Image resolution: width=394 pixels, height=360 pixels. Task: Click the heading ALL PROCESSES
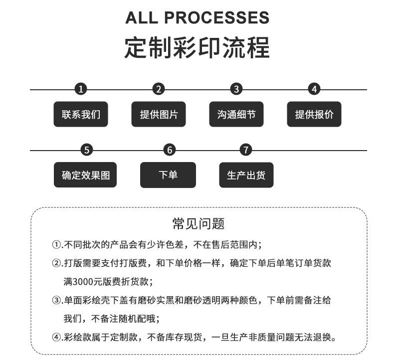click(x=197, y=17)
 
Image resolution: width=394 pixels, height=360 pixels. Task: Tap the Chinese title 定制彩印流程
click(x=197, y=48)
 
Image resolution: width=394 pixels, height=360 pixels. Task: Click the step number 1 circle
click(x=81, y=89)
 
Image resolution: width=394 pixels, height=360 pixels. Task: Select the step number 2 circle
click(x=159, y=89)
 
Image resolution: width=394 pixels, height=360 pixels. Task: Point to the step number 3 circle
click(x=236, y=89)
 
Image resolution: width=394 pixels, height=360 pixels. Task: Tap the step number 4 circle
click(x=314, y=89)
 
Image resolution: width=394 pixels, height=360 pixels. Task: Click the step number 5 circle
click(x=87, y=150)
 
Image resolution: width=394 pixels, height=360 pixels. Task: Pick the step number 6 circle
click(x=170, y=150)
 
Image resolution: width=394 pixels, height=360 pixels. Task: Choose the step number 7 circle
click(x=246, y=150)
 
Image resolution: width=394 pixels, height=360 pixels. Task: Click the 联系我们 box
click(x=81, y=114)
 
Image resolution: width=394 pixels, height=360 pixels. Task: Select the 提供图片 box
click(x=159, y=114)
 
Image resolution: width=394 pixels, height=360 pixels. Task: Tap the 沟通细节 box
click(x=236, y=114)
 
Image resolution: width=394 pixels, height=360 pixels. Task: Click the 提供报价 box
click(x=314, y=114)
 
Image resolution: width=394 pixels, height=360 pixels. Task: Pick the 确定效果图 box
click(x=85, y=175)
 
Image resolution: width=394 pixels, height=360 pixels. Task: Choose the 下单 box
click(x=168, y=175)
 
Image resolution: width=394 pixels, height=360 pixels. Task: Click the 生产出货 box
click(x=246, y=175)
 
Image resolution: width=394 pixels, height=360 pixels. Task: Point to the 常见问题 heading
click(x=198, y=223)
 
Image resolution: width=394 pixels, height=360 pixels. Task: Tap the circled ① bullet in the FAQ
click(x=56, y=244)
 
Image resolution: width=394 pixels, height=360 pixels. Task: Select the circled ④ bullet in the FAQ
click(x=56, y=337)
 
